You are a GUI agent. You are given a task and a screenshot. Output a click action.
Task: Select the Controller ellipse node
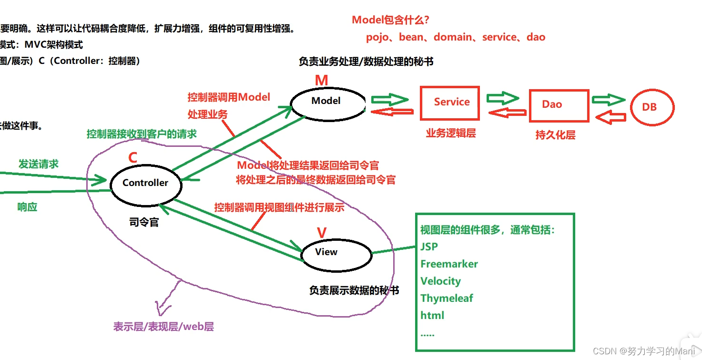[145, 184]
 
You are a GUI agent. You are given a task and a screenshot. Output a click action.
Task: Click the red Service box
[449, 103]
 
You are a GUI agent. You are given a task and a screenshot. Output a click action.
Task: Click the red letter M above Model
[322, 81]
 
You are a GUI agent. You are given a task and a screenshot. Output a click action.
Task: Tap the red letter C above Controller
[133, 158]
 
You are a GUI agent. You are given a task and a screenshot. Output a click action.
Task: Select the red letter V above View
[322, 233]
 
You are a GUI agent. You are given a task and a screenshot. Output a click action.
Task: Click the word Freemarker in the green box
[449, 264]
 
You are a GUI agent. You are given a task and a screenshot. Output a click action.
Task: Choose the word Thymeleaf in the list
[447, 298]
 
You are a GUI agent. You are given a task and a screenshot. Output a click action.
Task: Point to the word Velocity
[440, 281]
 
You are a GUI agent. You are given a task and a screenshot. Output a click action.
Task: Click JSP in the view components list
[429, 247]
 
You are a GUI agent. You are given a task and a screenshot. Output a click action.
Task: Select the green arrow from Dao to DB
[608, 100]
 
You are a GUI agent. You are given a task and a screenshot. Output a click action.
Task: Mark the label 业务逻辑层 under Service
[450, 134]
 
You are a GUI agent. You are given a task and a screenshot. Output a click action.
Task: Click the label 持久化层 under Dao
[555, 135]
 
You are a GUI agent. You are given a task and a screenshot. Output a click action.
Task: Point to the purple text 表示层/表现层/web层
[163, 327]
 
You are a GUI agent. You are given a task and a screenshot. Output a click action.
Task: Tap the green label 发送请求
[39, 164]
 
